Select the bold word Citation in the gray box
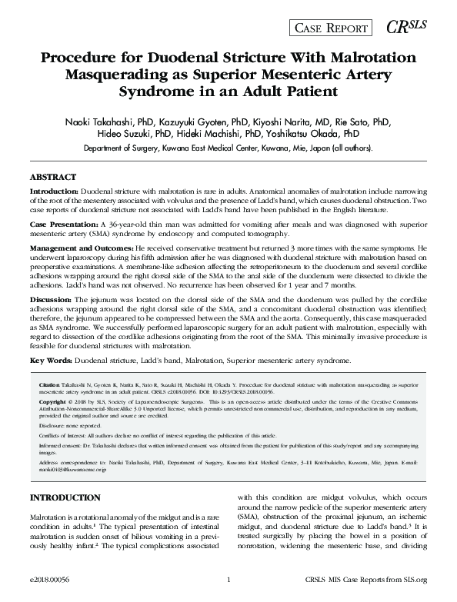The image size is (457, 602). click(x=49, y=382)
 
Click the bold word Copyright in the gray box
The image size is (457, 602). click(x=52, y=401)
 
